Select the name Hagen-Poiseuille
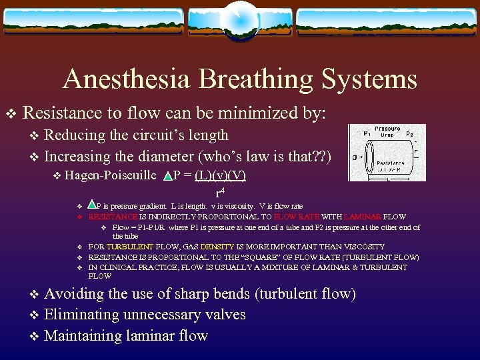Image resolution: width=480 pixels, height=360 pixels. click(x=111, y=175)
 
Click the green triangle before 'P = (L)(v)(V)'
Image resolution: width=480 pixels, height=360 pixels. click(x=167, y=177)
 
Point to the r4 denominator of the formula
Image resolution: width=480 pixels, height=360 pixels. click(x=218, y=193)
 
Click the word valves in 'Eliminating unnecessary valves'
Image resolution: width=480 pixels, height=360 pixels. click(x=225, y=315)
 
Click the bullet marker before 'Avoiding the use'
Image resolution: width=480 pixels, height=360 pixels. click(x=35, y=294)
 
